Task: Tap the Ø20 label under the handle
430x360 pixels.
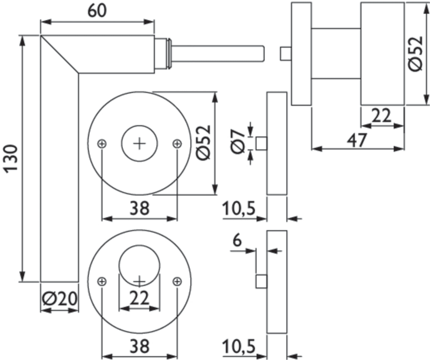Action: tap(59, 298)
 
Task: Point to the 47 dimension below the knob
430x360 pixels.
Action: tap(357, 140)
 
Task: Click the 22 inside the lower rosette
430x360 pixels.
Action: tap(139, 297)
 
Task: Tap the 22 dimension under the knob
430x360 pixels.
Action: tap(382, 117)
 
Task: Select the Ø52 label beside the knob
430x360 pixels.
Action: tap(416, 53)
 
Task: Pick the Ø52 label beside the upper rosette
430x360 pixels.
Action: tap(204, 142)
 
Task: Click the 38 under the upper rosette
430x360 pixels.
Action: tap(139, 208)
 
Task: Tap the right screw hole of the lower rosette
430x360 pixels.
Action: tap(177, 281)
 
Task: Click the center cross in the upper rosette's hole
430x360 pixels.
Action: tap(140, 144)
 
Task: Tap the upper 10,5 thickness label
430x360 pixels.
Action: tap(239, 209)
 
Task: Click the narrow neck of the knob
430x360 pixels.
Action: tap(336, 53)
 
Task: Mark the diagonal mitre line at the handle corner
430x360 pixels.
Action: tap(60, 54)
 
